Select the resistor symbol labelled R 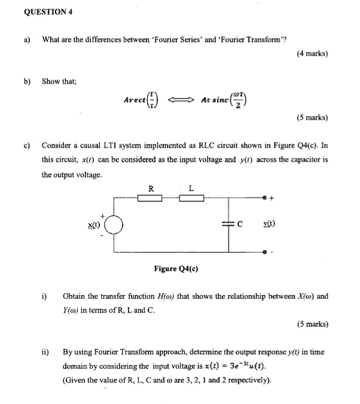pos(150,198)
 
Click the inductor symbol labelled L pos(191,198)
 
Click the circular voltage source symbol pos(115,225)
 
